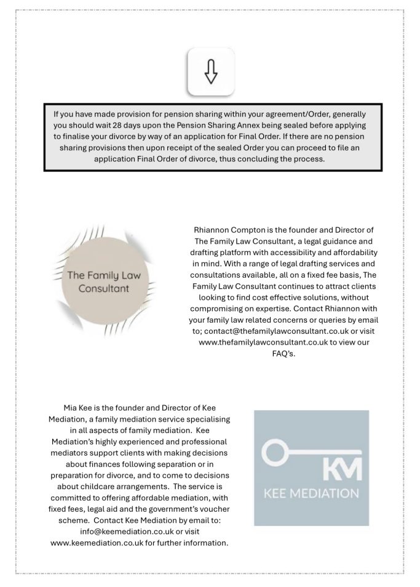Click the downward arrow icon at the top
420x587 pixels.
[x=211, y=72]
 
